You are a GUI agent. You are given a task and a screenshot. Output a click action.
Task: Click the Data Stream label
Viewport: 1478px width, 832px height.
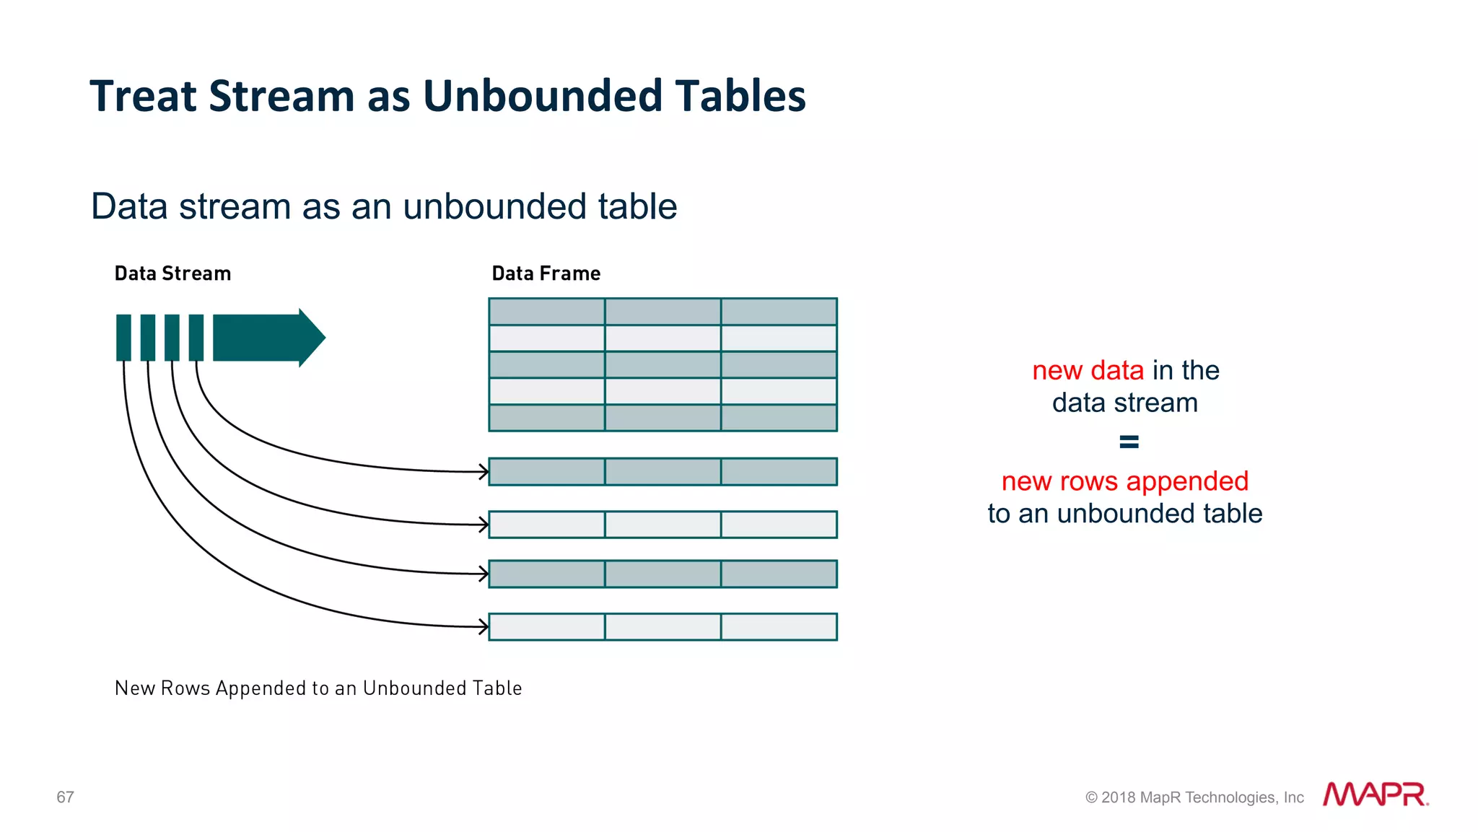tap(172, 273)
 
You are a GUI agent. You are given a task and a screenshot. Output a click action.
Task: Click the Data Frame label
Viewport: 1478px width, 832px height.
tap(546, 273)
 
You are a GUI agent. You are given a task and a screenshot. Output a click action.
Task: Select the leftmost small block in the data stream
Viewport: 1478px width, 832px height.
tap(123, 338)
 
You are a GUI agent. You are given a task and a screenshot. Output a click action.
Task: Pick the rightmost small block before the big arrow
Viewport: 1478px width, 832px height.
tap(196, 338)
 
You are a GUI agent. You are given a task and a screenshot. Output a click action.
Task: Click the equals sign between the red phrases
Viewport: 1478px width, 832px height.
tap(1129, 442)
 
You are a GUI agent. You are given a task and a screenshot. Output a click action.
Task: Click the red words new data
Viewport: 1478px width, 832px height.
tap(1088, 370)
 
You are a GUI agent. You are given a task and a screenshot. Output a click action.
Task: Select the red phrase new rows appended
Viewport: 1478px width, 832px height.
tap(1124, 481)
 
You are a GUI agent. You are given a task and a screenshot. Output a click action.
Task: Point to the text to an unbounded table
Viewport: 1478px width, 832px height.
tap(1124, 514)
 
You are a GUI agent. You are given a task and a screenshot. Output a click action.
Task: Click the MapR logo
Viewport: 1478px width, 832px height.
tap(1375, 794)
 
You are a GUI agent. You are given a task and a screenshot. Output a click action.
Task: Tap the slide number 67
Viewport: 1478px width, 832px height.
tap(65, 797)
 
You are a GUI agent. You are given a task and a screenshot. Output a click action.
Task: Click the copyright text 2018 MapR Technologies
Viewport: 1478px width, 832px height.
tap(1194, 797)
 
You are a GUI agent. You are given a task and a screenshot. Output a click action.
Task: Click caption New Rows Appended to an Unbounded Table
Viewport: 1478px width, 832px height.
tap(318, 688)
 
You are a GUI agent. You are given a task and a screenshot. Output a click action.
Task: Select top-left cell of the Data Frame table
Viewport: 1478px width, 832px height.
tap(546, 312)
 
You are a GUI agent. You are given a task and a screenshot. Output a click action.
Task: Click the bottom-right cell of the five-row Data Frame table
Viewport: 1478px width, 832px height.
tap(779, 418)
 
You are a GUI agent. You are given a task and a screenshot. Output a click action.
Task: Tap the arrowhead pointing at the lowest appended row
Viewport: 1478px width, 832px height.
tap(484, 626)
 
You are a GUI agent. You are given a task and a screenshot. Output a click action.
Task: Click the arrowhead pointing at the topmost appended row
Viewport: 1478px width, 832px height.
tap(484, 472)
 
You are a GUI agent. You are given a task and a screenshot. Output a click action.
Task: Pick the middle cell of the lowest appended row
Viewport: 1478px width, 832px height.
tap(663, 626)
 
